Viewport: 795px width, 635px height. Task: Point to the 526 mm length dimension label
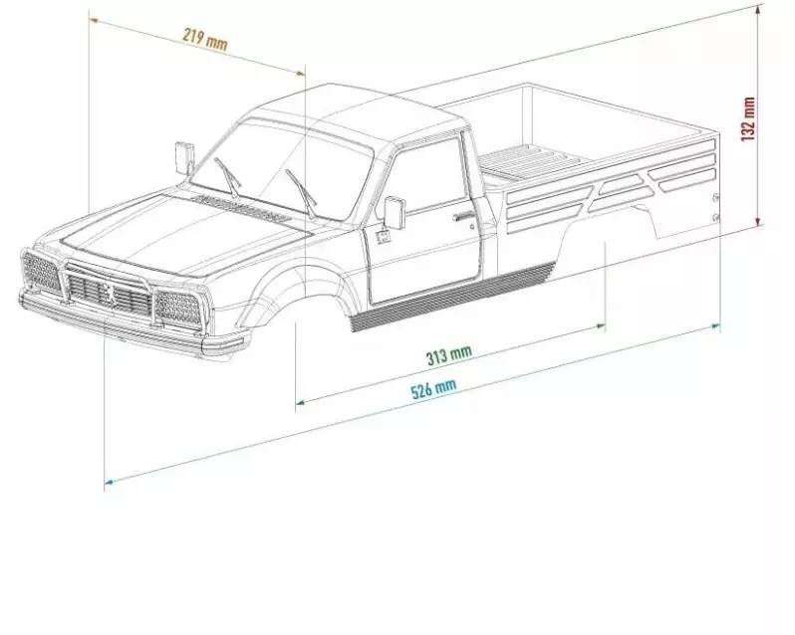click(434, 388)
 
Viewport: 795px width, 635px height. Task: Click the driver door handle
click(463, 217)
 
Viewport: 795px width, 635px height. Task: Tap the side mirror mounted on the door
click(396, 211)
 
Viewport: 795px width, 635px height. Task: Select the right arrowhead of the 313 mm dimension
click(604, 325)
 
